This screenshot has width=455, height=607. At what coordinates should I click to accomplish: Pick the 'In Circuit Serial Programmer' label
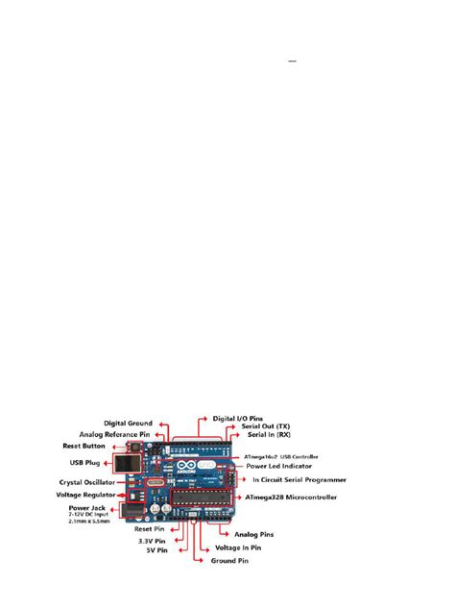299,479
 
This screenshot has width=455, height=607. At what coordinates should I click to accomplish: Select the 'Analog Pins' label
254,533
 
